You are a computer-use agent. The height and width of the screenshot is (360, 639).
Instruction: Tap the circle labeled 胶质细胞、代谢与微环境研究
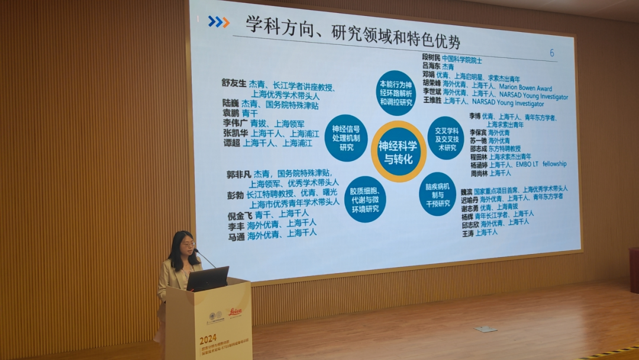(365, 199)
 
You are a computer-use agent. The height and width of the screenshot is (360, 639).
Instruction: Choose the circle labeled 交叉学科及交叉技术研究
(446, 137)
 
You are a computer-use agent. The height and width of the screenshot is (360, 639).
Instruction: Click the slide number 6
(551, 53)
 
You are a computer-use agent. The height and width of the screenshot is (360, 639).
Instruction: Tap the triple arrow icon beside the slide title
(218, 22)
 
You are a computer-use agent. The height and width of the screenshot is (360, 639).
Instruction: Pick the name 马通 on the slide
(236, 235)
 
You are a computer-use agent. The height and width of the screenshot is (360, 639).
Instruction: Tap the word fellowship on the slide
(551, 164)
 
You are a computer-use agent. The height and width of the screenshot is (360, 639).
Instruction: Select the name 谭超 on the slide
(231, 143)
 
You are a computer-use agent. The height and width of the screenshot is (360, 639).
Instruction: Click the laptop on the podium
(208, 279)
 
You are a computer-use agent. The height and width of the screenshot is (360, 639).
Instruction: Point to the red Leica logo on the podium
(235, 311)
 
